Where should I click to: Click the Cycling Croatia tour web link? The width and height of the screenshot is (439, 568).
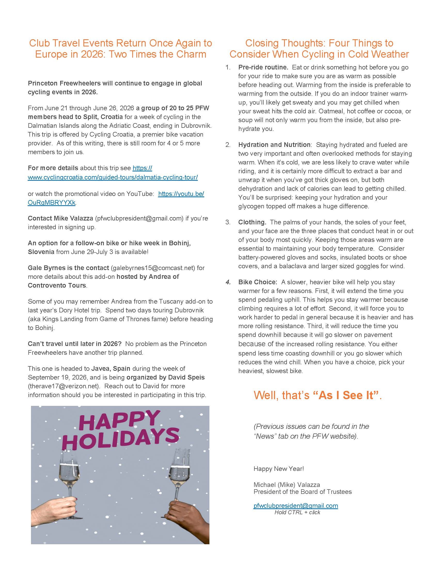pyautogui.click(x=113, y=177)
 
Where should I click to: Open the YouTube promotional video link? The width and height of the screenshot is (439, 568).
pyautogui.click(x=181, y=194)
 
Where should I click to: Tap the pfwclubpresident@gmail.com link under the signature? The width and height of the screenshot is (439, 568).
pyautogui.click(x=296, y=506)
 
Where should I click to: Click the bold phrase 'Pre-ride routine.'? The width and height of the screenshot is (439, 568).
pyautogui.click(x=263, y=67)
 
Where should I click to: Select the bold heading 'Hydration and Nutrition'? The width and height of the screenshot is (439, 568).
pyautogui.click(x=274, y=145)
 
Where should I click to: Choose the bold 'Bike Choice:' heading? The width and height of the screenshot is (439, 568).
pyautogui.click(x=258, y=282)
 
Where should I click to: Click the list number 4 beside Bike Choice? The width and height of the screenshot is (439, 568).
pyautogui.click(x=228, y=282)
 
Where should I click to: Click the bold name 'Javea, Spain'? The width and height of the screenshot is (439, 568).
pyautogui.click(x=111, y=368)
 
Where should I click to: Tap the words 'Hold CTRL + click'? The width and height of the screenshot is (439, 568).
pyautogui.click(x=297, y=512)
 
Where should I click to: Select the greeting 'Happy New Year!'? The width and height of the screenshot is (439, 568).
pyautogui.click(x=279, y=469)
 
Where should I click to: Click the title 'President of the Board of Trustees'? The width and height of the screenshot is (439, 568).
pyautogui.click(x=302, y=492)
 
